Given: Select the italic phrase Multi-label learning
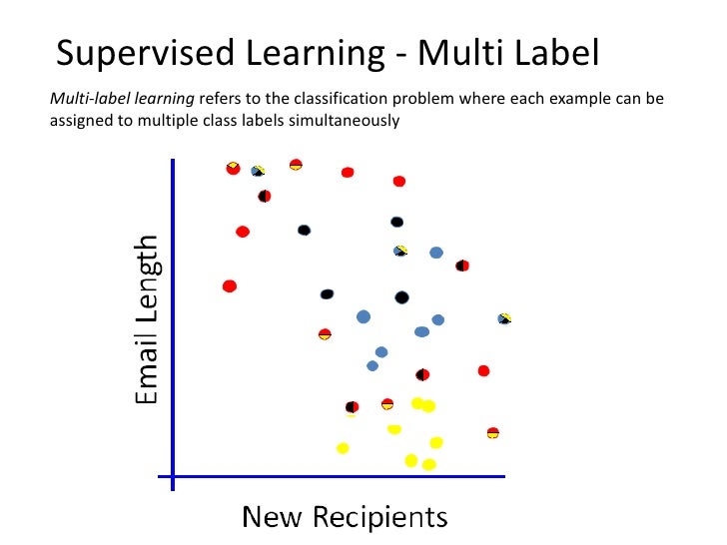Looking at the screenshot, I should pyautogui.click(x=122, y=100).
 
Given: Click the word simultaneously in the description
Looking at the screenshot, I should pyautogui.click(x=342, y=122).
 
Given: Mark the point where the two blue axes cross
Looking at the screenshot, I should pyautogui.click(x=174, y=477).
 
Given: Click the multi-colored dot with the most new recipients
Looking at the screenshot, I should pyautogui.click(x=504, y=318).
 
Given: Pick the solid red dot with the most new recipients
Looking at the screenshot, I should pyautogui.click(x=483, y=370).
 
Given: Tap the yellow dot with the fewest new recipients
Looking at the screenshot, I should pyautogui.click(x=343, y=447).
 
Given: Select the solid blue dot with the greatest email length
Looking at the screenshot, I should pyautogui.click(x=436, y=254).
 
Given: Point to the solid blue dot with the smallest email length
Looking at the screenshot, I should pyautogui.click(x=372, y=365).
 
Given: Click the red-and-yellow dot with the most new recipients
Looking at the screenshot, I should pyautogui.click(x=492, y=432).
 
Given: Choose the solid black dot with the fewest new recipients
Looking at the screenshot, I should pyautogui.click(x=304, y=230).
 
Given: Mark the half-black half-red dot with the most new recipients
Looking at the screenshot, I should pyautogui.click(x=461, y=266).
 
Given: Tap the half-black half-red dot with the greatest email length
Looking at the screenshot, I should pyautogui.click(x=264, y=196).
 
